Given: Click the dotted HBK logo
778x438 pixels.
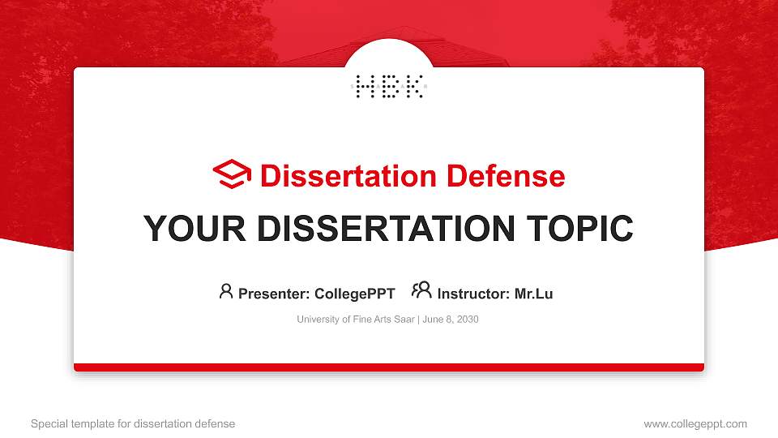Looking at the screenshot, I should point(389,86).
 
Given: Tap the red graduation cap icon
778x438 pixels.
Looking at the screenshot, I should point(232,174).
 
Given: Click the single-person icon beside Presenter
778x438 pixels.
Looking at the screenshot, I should point(226,290).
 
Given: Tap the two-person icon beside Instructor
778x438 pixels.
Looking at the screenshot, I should point(421,290).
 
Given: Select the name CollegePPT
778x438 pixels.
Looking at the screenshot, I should point(354,294).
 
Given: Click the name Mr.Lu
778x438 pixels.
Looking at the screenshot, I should point(533,294).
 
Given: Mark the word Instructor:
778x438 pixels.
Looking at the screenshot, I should point(473,294).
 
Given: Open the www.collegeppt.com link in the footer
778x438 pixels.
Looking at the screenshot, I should point(695,423).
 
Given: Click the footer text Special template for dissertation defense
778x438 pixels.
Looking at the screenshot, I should point(133,423).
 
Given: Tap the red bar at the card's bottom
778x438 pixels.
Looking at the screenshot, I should point(389,367).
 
